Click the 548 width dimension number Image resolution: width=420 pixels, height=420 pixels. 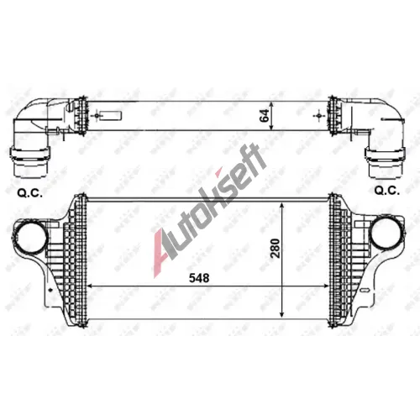point(199,278)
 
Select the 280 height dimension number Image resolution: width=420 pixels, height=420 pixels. point(276,248)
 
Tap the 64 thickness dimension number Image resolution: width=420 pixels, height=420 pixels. point(265,115)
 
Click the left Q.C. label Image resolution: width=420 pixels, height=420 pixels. point(30,193)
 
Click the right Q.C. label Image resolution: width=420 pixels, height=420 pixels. point(387,191)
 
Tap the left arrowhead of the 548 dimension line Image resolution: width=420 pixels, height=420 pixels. point(90,286)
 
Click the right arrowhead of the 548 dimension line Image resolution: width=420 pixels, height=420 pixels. point(326,286)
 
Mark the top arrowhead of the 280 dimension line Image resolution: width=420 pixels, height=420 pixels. point(282,206)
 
